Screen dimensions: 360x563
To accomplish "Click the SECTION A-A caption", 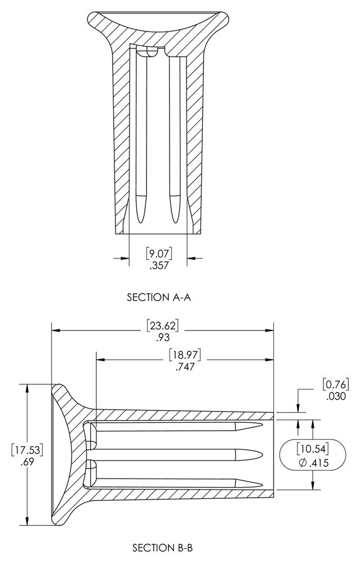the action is pos(158,297).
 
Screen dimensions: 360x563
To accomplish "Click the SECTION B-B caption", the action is pos(163,548).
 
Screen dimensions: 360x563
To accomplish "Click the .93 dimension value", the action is pos(162,337).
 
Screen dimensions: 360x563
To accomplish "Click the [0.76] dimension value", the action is pos(336,385).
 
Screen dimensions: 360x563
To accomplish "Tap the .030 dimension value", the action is pos(336,396).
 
